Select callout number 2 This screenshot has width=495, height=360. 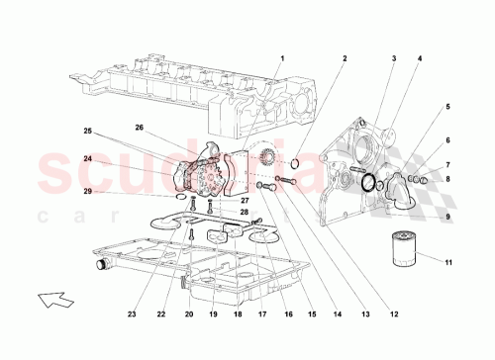tap(345, 58)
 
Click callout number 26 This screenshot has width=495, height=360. tap(139, 129)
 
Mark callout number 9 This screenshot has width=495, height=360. tap(447, 217)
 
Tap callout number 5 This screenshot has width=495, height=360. tap(447, 106)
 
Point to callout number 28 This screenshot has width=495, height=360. tap(244, 212)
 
